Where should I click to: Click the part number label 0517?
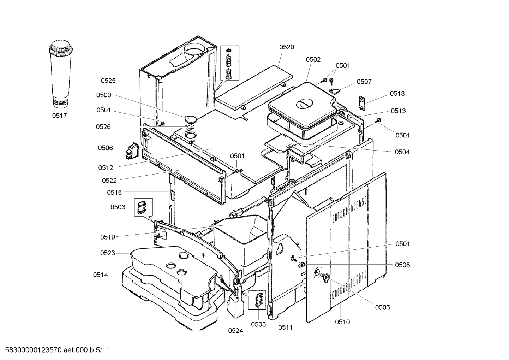pos(59,116)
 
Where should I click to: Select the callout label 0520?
pos(287,47)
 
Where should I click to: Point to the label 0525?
pos(108,81)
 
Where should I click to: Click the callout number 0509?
pos(104,95)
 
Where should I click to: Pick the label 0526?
pos(104,127)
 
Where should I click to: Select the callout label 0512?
pos(106,167)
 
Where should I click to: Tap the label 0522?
pos(109,181)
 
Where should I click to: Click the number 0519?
pos(107,237)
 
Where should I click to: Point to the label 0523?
pos(107,253)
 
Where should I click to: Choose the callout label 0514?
pos(101,275)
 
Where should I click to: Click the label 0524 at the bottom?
pos(235,331)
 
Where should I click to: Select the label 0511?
pos(285,327)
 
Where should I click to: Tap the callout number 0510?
pos(342,322)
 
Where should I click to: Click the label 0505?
pos(382,307)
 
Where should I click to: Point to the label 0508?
pos(402,265)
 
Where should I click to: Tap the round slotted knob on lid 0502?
pos(304,104)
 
